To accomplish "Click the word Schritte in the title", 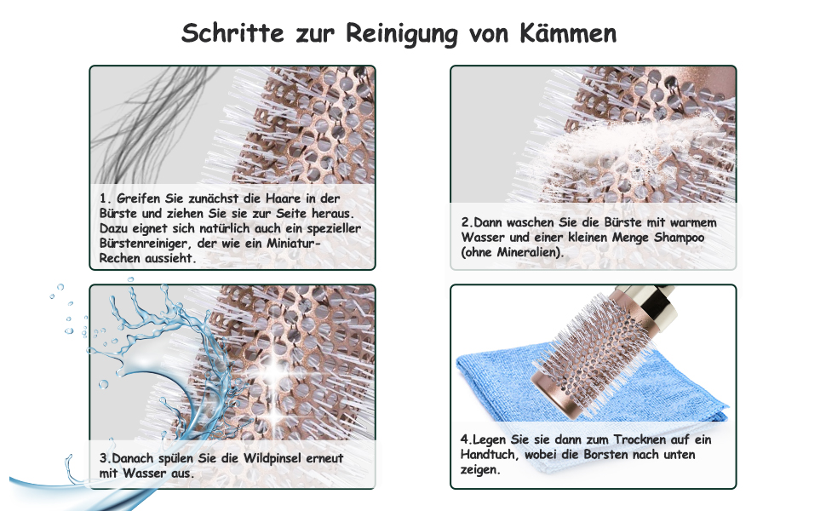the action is click(x=232, y=33).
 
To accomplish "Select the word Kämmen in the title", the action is click(x=568, y=33).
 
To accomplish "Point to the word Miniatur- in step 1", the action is click(x=294, y=244).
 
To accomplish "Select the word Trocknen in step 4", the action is click(x=640, y=439).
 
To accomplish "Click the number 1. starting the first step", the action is click(x=106, y=198).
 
